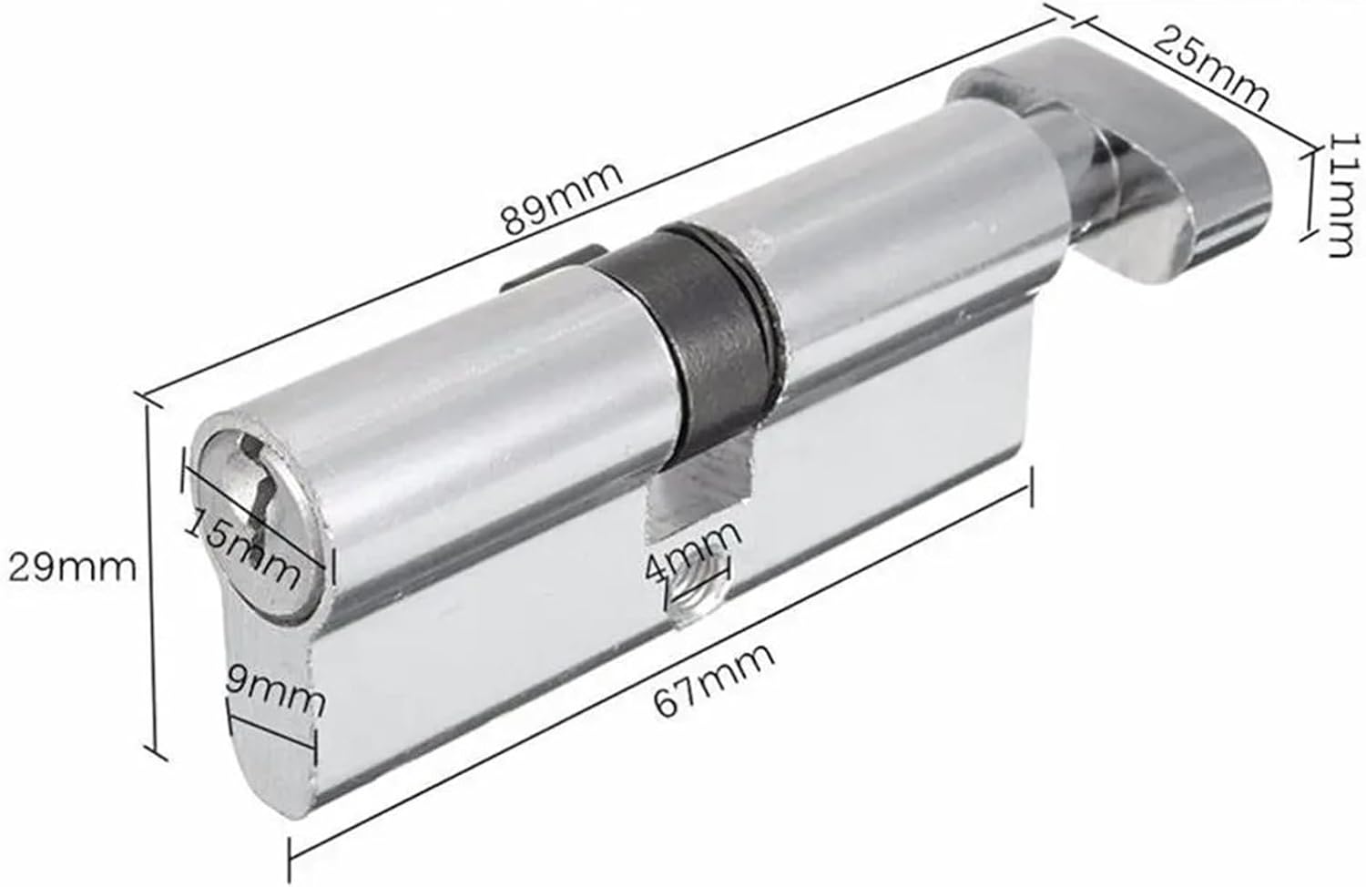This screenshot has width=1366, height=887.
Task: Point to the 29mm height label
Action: [72, 567]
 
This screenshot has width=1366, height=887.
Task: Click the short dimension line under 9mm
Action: [273, 733]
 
